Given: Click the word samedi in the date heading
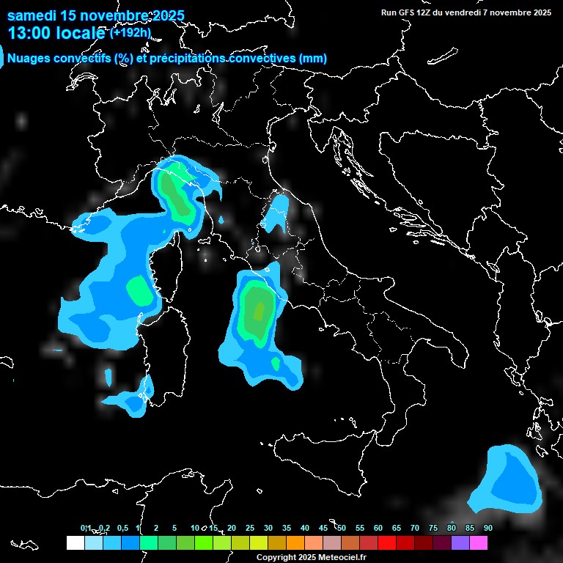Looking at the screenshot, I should coord(32,15).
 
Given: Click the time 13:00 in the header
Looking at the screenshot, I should coord(30,33).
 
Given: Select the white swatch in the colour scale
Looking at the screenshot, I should coord(75,542).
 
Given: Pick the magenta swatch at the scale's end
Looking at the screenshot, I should coord(479,542).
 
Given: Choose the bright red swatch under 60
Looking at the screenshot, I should coord(386,542).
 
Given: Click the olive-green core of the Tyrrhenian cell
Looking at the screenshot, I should coord(257,311).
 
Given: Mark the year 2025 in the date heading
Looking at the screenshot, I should coord(168,15).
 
